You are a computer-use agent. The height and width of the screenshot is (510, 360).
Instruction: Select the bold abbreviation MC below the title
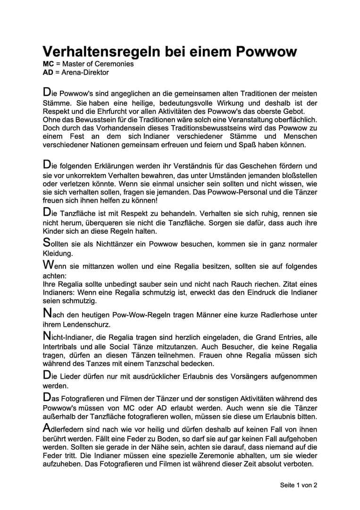point(48,64)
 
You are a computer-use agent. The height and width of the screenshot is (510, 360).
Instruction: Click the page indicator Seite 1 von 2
point(298,485)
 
